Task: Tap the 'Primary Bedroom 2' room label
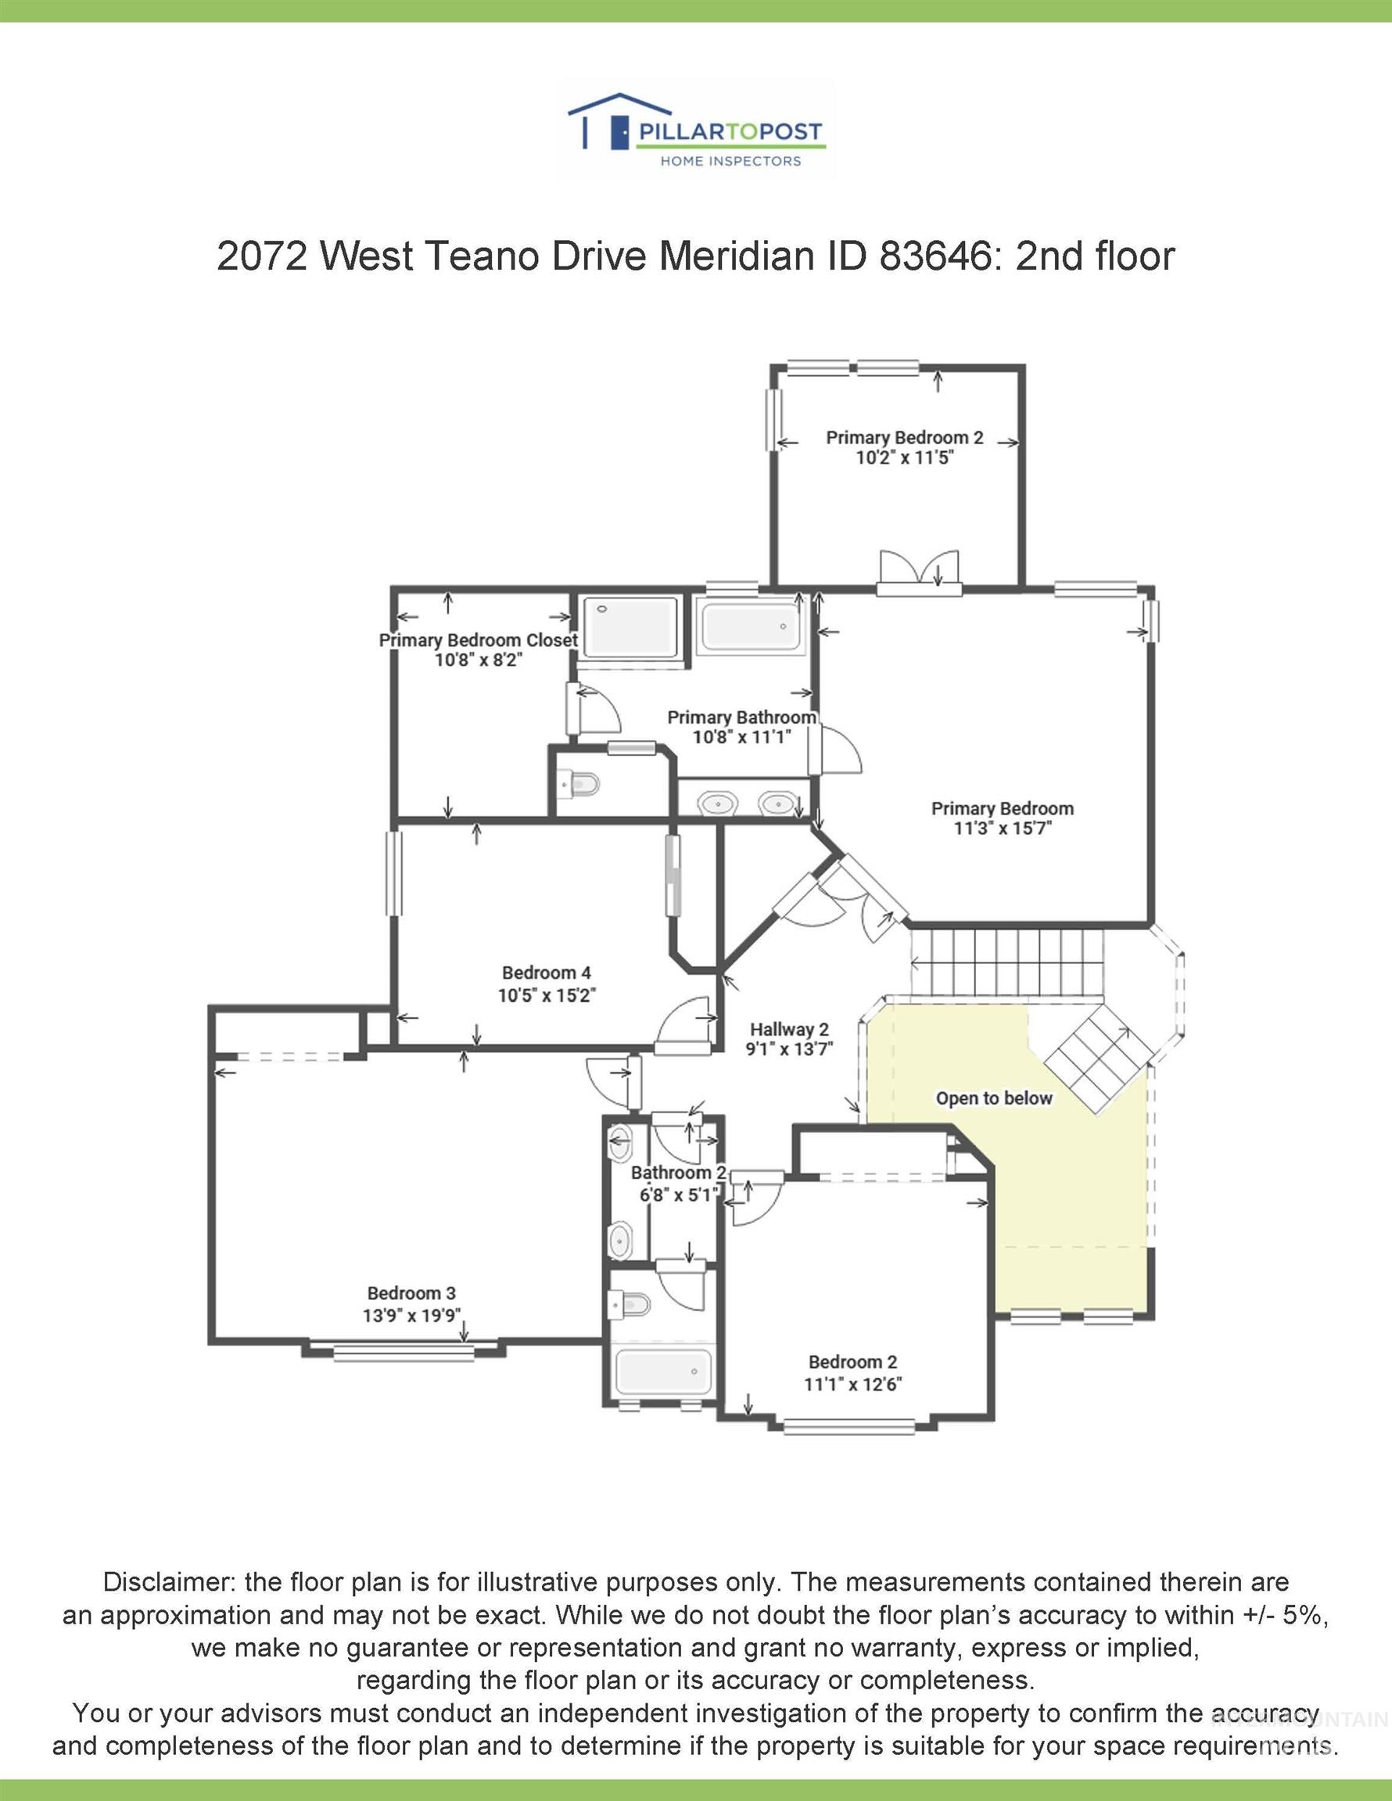904,438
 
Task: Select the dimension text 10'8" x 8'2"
479,660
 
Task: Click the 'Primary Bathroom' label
741,718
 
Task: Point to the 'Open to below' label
993,1098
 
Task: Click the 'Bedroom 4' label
546,973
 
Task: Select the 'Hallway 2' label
789,1029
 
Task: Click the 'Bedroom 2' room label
852,1362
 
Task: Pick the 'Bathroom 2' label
678,1173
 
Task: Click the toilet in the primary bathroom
583,782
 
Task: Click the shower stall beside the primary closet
630,628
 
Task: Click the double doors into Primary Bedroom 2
919,573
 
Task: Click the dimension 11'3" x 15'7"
1002,829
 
